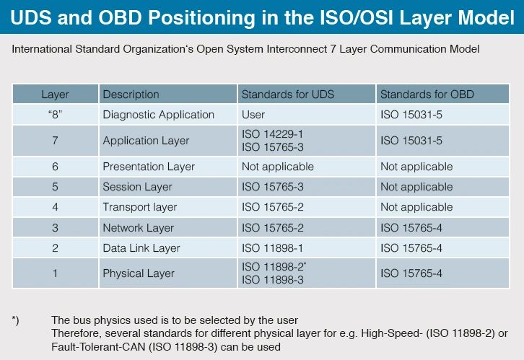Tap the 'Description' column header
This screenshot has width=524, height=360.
tap(131, 95)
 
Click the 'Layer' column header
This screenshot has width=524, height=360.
tap(55, 95)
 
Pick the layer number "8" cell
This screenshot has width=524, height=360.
tap(55, 115)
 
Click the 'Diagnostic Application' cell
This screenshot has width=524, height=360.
tap(158, 115)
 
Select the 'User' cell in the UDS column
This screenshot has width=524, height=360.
tap(253, 115)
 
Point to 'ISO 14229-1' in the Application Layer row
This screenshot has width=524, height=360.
tap(272, 135)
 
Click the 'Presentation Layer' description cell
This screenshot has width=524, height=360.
tap(149, 167)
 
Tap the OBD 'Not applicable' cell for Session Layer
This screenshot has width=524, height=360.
tap(416, 187)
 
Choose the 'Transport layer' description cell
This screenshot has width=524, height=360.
tap(139, 207)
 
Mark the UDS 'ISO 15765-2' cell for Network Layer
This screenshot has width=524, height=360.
tap(273, 228)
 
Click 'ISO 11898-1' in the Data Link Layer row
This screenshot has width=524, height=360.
tap(273, 248)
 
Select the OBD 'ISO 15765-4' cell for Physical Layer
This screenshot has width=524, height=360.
tap(411, 273)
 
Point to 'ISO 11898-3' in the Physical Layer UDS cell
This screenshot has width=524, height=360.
tap(273, 280)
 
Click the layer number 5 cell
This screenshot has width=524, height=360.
tap(55, 187)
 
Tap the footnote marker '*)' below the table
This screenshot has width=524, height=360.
tap(16, 320)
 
